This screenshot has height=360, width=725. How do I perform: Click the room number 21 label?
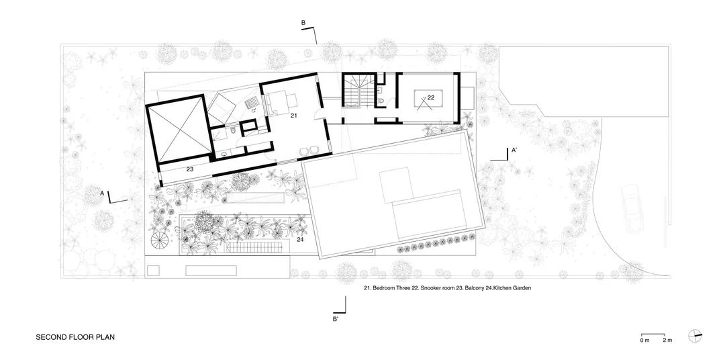coord(294,116)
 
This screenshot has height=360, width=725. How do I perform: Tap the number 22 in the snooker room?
coord(431,97)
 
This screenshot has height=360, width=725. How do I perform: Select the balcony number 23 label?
coord(190,170)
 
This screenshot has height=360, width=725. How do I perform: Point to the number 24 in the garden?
coord(300,239)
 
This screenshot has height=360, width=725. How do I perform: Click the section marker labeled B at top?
coord(303,24)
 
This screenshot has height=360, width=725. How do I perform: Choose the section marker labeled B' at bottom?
coord(335,319)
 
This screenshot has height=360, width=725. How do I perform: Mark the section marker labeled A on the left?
coord(102,193)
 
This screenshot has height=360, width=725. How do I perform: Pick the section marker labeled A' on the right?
coord(514,150)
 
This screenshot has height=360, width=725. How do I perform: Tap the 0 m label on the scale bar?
coord(644,341)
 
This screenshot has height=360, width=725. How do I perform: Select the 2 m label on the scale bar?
coord(667,341)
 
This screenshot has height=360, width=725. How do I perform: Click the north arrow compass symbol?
coord(695,336)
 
